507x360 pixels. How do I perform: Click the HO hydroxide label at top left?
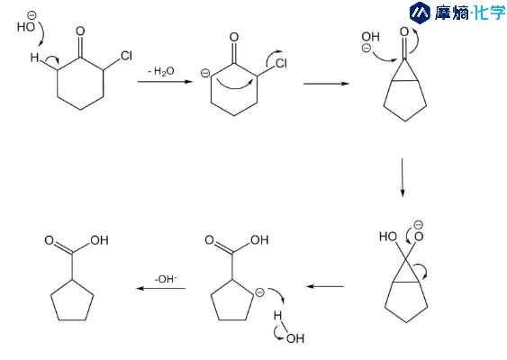pyautogui.click(x=26, y=26)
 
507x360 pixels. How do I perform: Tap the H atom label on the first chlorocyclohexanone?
pyautogui.click(x=34, y=58)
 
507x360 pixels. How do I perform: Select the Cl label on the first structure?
pyautogui.click(x=126, y=56)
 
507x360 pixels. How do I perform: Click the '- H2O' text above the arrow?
pyautogui.click(x=160, y=71)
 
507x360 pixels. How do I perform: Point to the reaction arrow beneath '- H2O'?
pyautogui.click(x=165, y=81)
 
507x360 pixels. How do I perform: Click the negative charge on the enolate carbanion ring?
pyautogui.click(x=205, y=74)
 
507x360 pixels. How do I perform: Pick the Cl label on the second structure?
pyautogui.click(x=281, y=63)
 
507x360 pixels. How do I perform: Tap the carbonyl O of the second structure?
pyautogui.click(x=234, y=37)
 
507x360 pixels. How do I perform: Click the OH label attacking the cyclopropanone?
pyautogui.click(x=370, y=37)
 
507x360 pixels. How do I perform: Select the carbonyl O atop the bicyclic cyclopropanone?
pyautogui.click(x=404, y=32)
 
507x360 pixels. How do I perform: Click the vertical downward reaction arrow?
pyautogui.click(x=403, y=177)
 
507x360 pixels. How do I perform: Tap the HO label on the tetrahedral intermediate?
pyautogui.click(x=388, y=237)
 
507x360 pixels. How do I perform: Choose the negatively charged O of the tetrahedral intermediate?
pyautogui.click(x=419, y=237)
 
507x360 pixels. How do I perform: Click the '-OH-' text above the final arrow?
pyautogui.click(x=166, y=279)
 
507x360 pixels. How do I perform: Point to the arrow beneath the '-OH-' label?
pyautogui.click(x=160, y=288)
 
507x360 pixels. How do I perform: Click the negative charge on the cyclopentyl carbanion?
pyautogui.click(x=259, y=292)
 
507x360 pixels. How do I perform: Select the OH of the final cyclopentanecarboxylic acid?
pyautogui.click(x=99, y=240)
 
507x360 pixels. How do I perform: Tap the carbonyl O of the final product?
pyautogui.click(x=50, y=240)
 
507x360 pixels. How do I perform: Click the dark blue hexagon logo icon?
pyautogui.click(x=420, y=13)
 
